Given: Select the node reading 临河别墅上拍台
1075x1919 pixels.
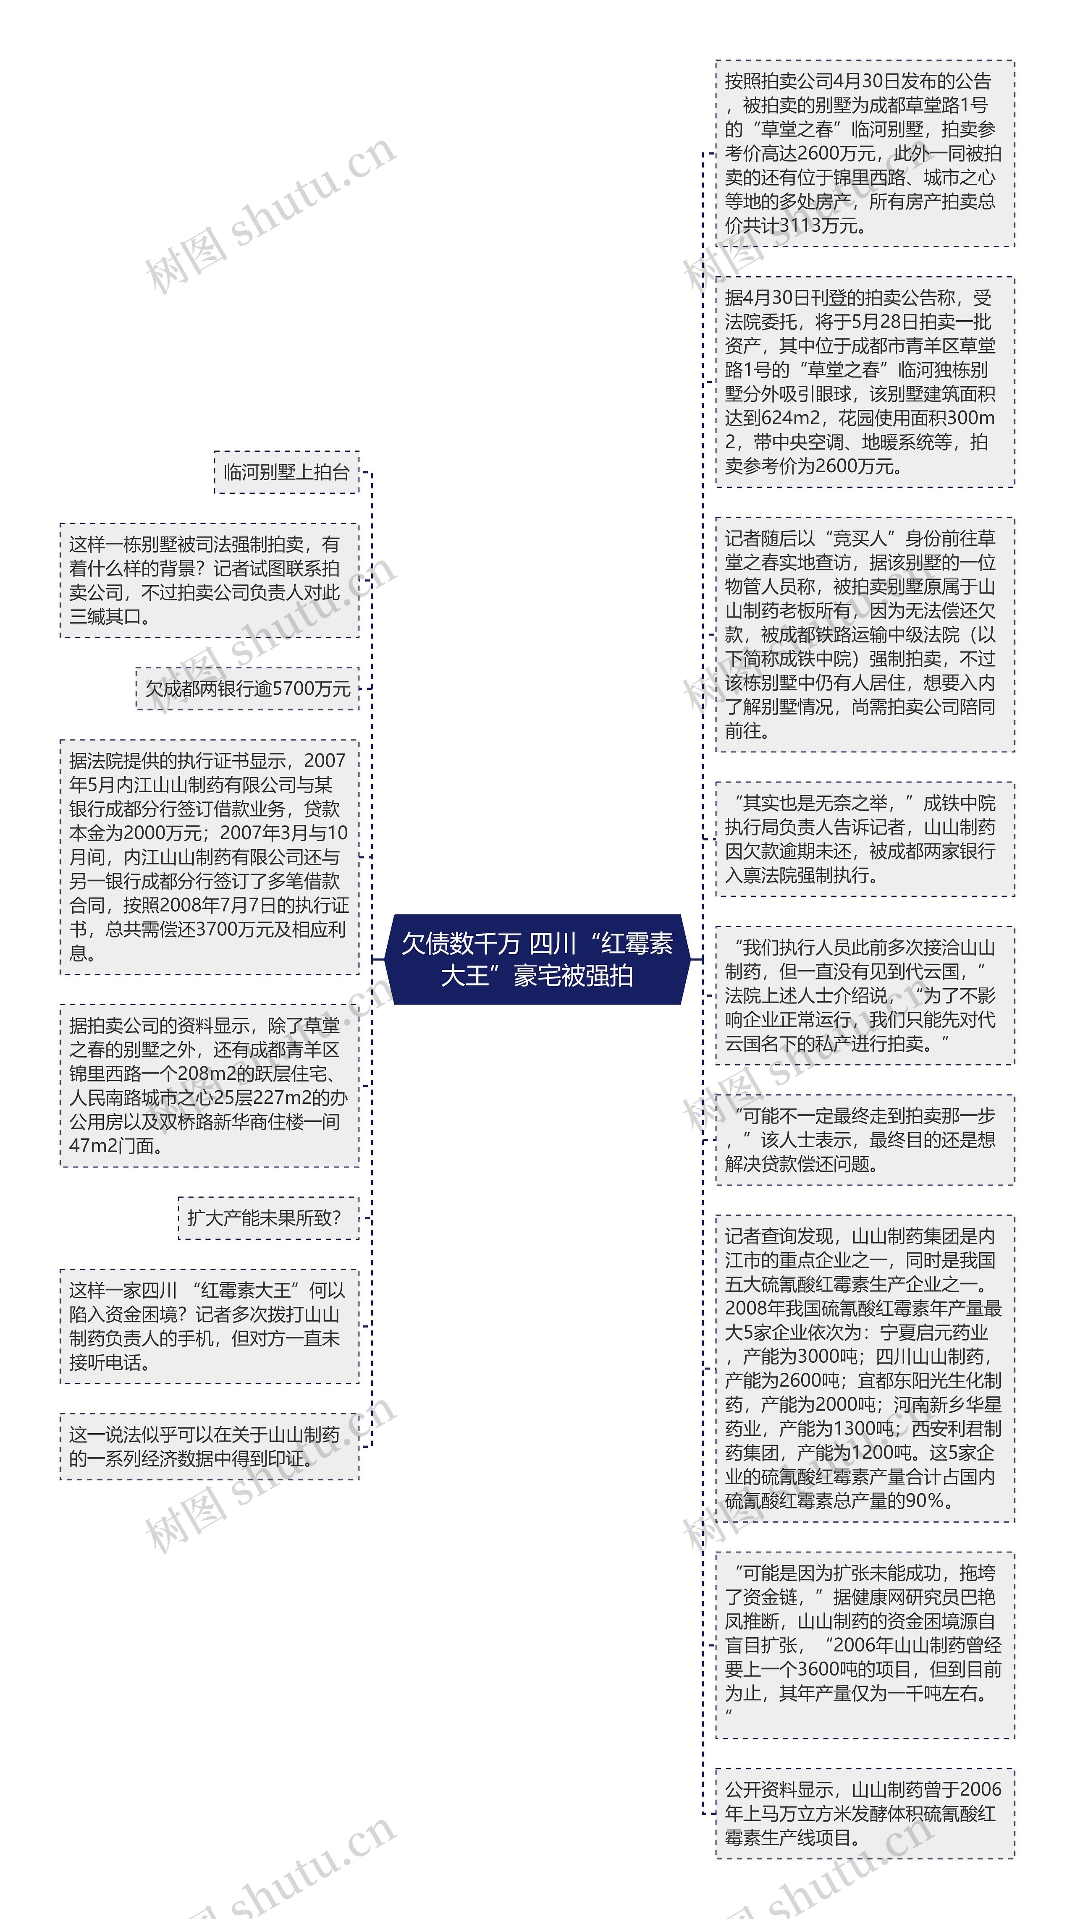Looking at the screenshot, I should (286, 472).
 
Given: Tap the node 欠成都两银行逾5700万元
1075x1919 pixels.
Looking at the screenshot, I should (247, 689).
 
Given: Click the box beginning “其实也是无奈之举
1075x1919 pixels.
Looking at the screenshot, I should (864, 839).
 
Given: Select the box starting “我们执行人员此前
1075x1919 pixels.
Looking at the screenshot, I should (864, 995).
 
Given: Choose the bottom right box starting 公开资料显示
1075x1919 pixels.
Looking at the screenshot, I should (864, 1813).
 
